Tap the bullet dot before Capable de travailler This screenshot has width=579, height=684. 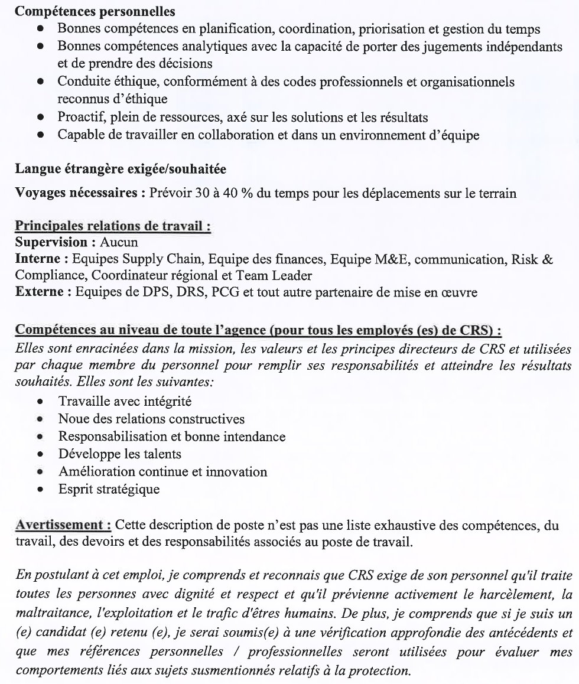[x=40, y=135]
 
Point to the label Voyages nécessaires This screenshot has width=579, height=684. [x=77, y=193]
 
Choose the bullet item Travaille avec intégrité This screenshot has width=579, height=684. [x=125, y=402]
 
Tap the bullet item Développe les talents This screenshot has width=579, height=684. [x=119, y=454]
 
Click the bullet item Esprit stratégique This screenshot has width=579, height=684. [x=109, y=489]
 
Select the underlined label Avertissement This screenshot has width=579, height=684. [x=63, y=525]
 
